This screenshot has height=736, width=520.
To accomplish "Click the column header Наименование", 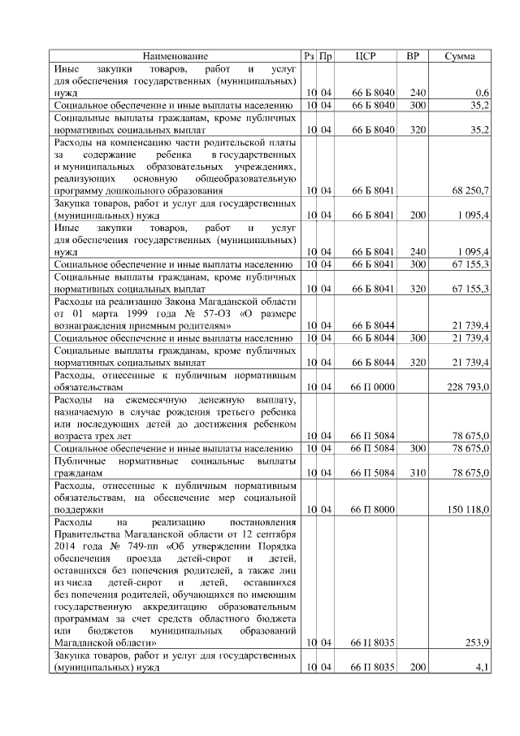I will point(175,56).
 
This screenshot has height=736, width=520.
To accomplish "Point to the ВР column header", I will point(413,56).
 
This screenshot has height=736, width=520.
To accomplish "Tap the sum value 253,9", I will point(476,642).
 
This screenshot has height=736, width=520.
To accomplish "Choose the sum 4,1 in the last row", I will point(482,668).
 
